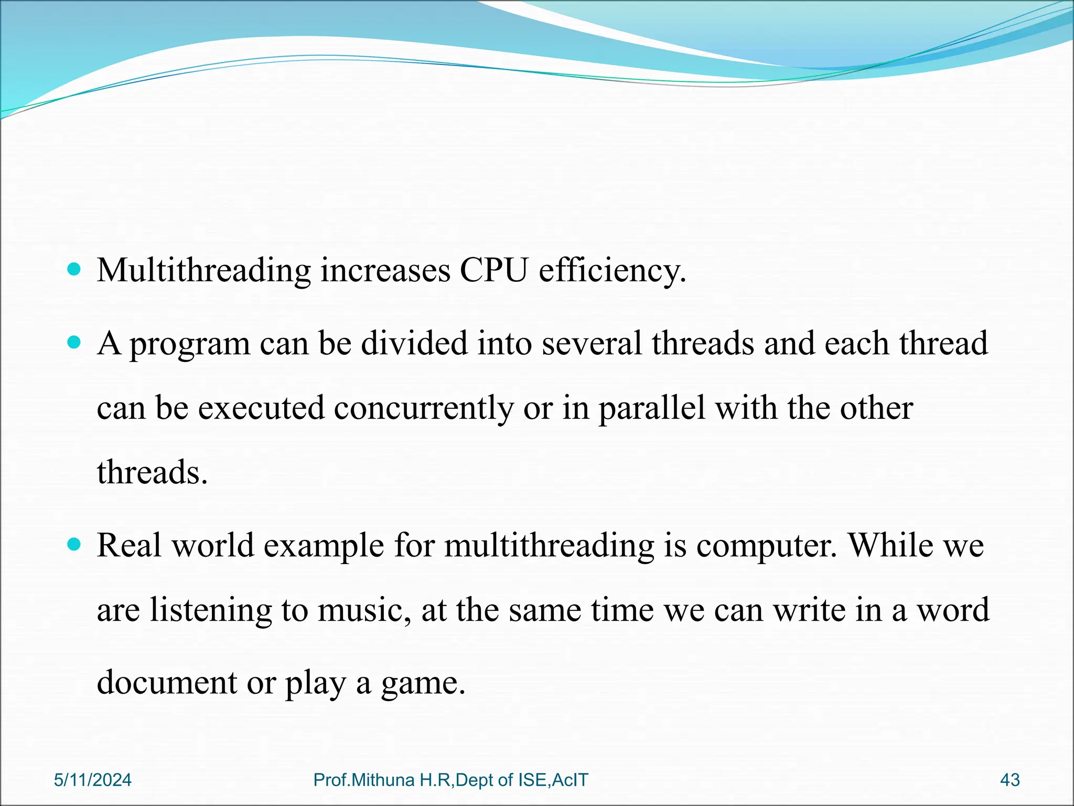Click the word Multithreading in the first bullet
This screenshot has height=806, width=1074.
pos(203,271)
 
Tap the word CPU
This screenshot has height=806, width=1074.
pos(493,271)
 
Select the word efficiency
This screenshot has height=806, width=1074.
pos(611,271)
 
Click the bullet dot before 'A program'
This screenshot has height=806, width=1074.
pos(75,343)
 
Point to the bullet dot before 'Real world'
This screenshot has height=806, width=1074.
pos(75,545)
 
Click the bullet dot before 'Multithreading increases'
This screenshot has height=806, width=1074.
pos(75,270)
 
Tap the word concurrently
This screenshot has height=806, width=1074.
pos(424,408)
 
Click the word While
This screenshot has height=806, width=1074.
pos(891,546)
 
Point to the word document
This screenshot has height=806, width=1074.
pos(167,683)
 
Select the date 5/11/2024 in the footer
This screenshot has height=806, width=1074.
pos(93,780)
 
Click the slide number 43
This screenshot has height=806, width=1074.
pos(1009,780)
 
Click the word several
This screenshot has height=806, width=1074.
pos(592,344)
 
